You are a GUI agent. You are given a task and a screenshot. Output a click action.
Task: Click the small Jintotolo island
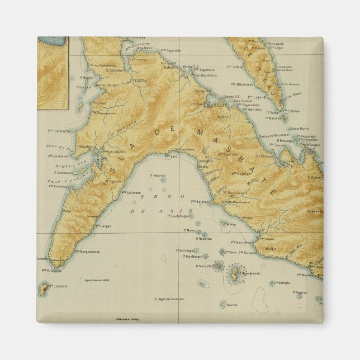click(43, 289)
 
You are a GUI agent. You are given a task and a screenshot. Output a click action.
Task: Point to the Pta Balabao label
click(200, 202)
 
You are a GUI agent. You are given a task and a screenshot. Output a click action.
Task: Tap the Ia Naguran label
click(158, 176)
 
